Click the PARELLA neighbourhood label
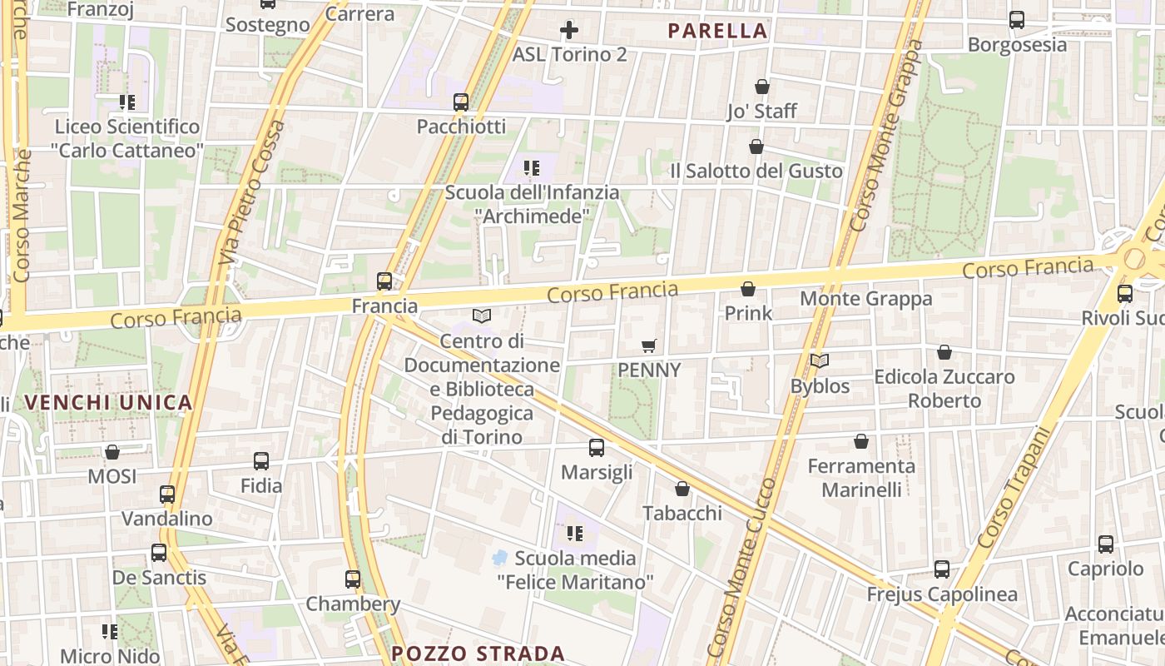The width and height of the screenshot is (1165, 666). coord(717,32)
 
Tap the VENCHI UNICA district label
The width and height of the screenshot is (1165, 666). coord(108,403)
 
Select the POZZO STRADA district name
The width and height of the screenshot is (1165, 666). coord(478,654)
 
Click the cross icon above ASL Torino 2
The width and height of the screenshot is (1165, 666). coord(569,31)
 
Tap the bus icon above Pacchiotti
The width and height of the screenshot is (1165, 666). coord(461,102)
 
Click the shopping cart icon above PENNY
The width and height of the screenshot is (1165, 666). coord(649,345)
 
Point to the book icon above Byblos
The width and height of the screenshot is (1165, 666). coord(820,361)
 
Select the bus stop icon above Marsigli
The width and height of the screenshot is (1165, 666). coord(597,448)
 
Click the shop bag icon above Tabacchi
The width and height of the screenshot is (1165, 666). coord(682,489)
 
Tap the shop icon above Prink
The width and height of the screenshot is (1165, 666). coord(748,289)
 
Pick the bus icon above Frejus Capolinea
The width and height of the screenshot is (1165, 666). coord(942,569)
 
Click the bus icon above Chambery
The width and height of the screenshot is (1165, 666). coord(353,579)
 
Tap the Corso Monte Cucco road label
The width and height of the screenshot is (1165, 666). coord(740,566)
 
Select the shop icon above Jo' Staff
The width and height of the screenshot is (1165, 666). coord(761,87)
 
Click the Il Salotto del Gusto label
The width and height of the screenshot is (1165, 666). coord(756,171)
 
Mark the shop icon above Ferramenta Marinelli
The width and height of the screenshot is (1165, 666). coord(861,441)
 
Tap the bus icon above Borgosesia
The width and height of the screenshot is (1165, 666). coord(1017,20)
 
